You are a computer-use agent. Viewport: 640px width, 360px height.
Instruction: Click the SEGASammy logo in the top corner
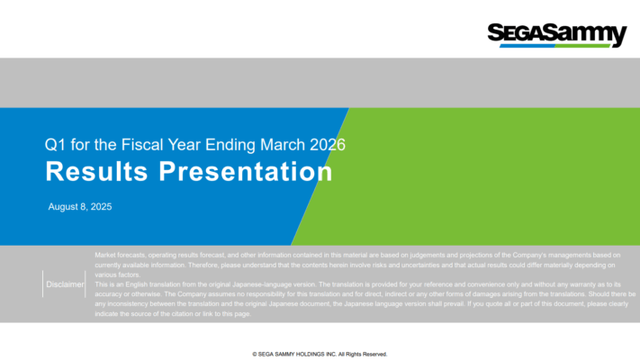point(556,33)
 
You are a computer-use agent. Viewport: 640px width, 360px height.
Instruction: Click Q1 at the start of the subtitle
point(54,144)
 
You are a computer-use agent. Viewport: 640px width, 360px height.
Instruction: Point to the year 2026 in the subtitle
point(328,144)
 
